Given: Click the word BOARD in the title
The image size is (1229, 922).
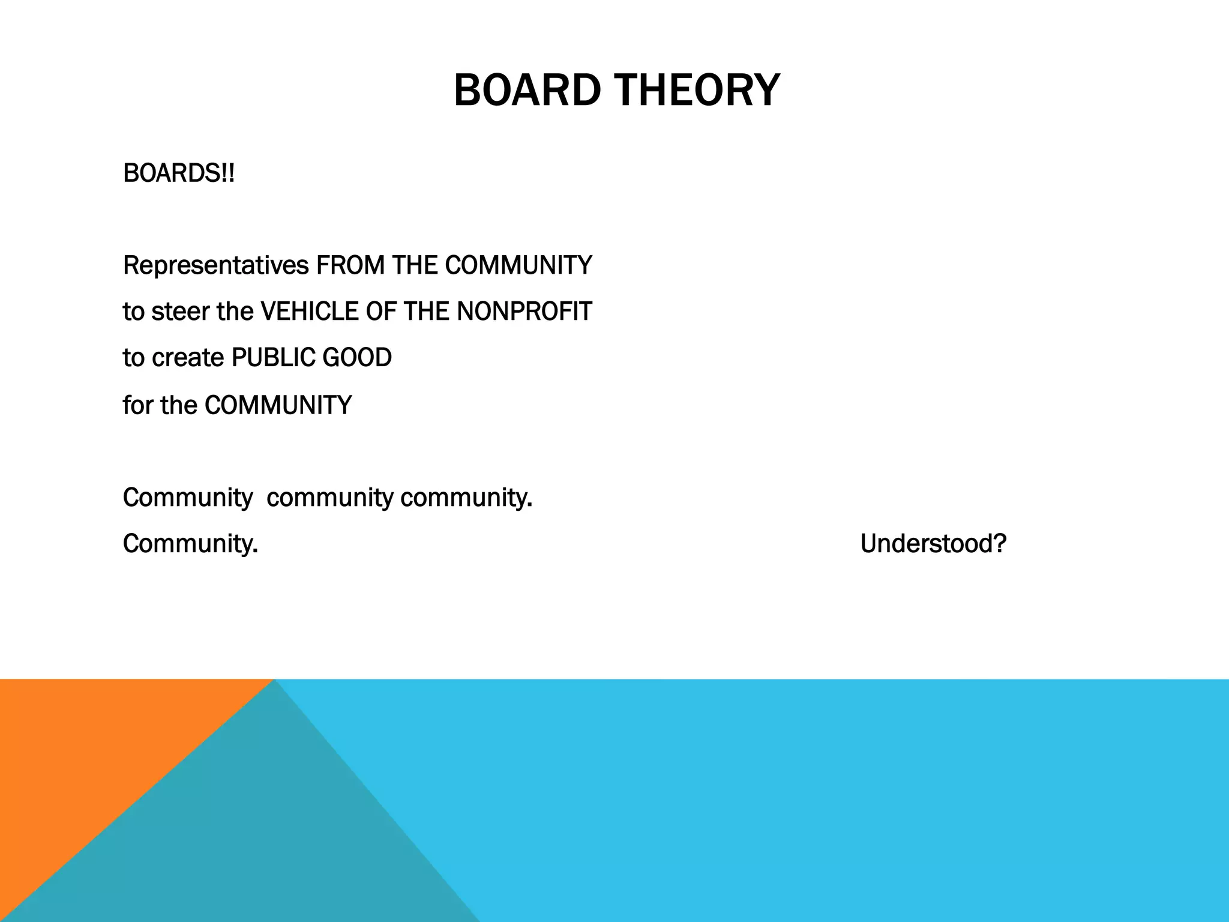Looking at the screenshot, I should click(527, 90).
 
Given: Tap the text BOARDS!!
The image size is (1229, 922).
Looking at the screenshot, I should click(179, 173).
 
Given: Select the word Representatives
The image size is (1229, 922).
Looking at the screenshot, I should click(216, 265).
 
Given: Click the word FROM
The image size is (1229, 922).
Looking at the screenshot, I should click(350, 265).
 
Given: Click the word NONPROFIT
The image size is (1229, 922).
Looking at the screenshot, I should click(524, 312).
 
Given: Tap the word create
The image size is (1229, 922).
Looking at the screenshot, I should click(188, 358).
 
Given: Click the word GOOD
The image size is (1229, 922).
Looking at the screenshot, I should click(357, 358).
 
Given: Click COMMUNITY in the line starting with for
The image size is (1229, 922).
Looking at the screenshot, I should click(278, 405).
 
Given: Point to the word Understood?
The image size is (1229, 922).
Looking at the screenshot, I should click(933, 544).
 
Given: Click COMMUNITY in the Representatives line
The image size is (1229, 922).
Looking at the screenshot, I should click(518, 265).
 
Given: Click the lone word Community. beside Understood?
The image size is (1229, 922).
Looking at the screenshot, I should click(190, 544).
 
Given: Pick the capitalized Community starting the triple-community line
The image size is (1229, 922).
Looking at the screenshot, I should click(187, 498).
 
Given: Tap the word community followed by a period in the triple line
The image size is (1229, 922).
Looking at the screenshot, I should click(466, 498).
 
